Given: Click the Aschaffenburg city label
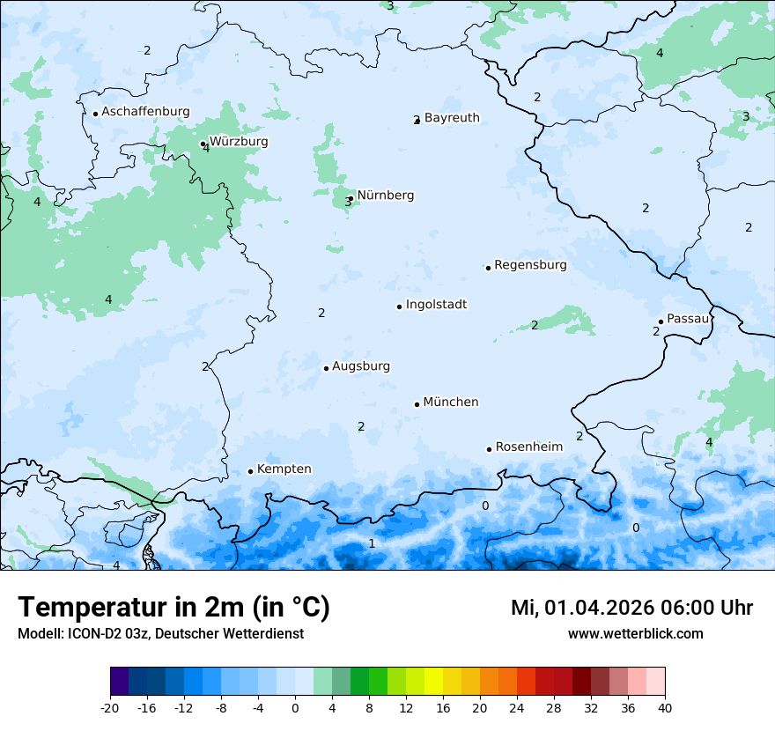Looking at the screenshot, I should (x=145, y=112).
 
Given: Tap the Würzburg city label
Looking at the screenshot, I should (x=239, y=142).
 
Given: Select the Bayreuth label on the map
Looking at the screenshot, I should (x=452, y=118).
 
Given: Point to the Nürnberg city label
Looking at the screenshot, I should (x=385, y=196).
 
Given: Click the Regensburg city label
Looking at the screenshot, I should (x=530, y=265).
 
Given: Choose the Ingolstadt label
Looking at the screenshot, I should (x=436, y=305).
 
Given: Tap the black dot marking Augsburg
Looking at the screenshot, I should (x=326, y=368).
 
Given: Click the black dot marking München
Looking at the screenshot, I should (x=417, y=404).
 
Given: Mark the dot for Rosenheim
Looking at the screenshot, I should (x=489, y=449).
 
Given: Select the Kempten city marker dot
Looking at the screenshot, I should (x=250, y=471).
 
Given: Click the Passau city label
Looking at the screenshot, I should (x=688, y=319).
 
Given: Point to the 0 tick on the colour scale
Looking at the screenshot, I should (x=295, y=708).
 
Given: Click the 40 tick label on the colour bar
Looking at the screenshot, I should (x=664, y=708).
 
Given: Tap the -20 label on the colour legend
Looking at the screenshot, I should (x=110, y=708).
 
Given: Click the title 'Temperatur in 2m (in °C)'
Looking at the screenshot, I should (x=173, y=608).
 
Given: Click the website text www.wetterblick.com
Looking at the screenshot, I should (x=635, y=634).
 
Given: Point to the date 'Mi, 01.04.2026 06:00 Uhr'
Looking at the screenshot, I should (x=631, y=608).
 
